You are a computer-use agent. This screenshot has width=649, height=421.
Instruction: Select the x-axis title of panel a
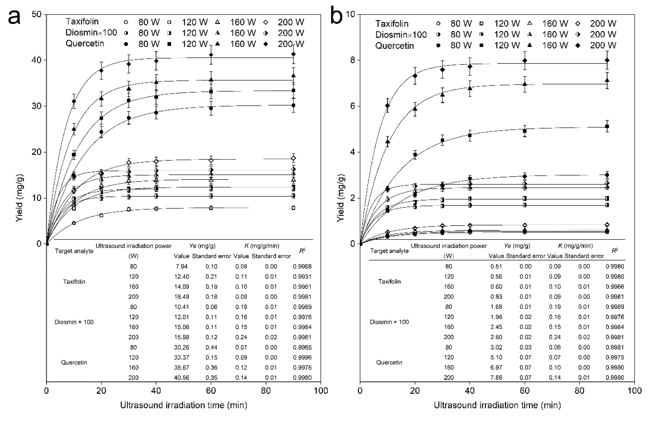[x=183, y=405]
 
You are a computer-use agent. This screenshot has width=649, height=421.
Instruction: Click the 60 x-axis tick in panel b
[x=524, y=391]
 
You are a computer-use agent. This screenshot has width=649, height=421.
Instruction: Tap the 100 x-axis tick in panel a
[x=320, y=391]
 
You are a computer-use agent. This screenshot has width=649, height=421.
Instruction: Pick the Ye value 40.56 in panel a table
[x=182, y=378]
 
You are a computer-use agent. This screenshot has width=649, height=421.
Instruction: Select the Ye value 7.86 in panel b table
[x=496, y=378]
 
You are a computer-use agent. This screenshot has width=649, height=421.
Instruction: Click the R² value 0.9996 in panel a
[x=302, y=357]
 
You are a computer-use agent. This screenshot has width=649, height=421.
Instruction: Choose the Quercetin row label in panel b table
[x=389, y=362]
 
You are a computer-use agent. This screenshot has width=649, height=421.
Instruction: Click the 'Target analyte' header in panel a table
[x=74, y=251]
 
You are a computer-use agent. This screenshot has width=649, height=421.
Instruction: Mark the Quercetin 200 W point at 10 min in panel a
[x=74, y=101]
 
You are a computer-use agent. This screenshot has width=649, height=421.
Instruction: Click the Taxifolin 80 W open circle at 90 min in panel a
[x=293, y=208]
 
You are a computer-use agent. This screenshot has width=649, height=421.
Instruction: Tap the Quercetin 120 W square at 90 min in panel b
[x=607, y=126]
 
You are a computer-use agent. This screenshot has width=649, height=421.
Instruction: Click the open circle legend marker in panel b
[x=438, y=23]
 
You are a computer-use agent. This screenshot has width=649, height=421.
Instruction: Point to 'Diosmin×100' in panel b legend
[x=401, y=35]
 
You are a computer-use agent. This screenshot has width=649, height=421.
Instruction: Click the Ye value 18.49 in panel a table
[x=182, y=297]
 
